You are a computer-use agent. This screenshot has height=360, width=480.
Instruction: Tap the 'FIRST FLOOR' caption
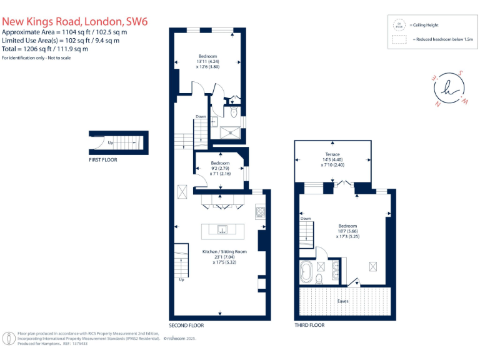[x=103, y=160]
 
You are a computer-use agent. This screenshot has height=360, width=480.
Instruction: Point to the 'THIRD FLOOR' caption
[x=309, y=326]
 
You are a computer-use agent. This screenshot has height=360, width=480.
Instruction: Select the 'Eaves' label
[x=343, y=301]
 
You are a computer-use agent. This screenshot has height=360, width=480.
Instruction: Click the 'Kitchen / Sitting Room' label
[x=224, y=252]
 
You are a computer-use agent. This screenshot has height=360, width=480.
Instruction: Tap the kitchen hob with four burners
[x=260, y=213]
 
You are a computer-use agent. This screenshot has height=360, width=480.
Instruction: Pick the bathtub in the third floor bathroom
[x=307, y=273]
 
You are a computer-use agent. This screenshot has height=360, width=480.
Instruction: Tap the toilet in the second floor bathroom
[x=233, y=113]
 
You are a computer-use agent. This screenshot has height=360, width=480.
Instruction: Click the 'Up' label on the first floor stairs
[x=111, y=142]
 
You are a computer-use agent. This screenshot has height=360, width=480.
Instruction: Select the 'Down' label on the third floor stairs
[x=306, y=219]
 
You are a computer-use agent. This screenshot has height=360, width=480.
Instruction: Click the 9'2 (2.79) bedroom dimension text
[x=220, y=168]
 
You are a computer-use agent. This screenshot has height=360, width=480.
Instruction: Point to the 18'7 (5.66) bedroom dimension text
[x=347, y=231]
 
